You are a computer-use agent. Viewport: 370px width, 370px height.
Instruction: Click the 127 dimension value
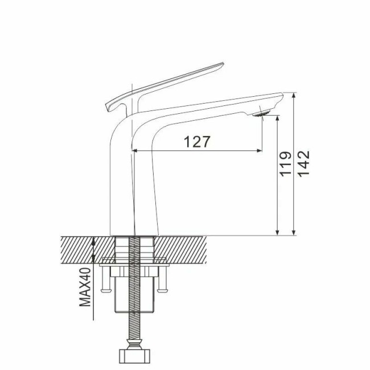tap(198, 142)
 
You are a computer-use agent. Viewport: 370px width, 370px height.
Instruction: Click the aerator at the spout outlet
tap(262, 113)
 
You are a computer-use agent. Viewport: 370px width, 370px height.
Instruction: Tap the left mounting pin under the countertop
tap(105, 282)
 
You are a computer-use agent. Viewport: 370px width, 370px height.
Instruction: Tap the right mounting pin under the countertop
tap(165, 282)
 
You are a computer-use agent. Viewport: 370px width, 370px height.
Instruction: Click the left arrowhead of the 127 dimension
tap(135, 150)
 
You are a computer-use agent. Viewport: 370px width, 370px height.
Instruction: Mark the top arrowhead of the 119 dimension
tap(277, 118)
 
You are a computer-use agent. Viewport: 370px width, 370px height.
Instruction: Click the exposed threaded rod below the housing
tap(135, 330)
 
